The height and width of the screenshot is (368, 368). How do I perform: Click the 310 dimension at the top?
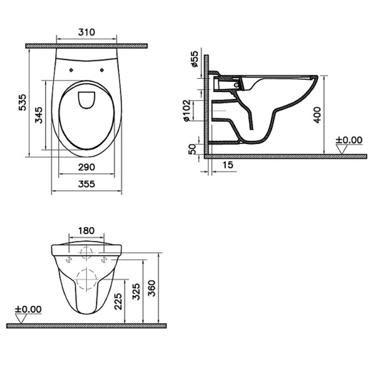tap(86, 31)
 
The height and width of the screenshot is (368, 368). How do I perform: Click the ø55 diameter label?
tap(195, 60)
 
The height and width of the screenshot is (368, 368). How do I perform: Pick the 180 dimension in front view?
tap(86, 230)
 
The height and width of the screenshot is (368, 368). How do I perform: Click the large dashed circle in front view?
tap(86, 279)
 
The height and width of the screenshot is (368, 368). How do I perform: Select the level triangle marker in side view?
tap(344, 149)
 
